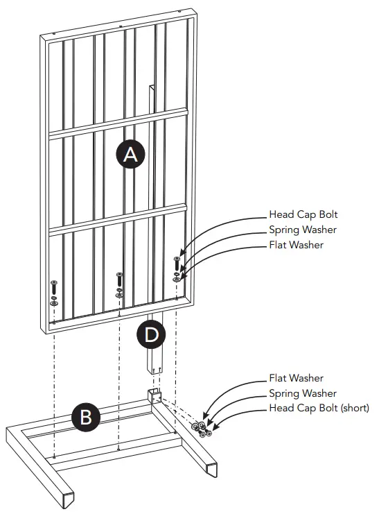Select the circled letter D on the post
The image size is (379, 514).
tap(151, 336)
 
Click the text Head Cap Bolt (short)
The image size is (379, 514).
tap(319, 408)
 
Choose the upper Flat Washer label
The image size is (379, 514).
tap(296, 244)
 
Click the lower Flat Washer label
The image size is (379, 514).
tap(296, 378)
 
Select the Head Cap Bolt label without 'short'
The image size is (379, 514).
tap(303, 214)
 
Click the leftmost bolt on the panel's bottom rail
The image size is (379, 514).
tap(54, 291)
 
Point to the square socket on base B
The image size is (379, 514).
tap(155, 397)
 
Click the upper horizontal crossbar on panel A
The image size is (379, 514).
tap(118, 123)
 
